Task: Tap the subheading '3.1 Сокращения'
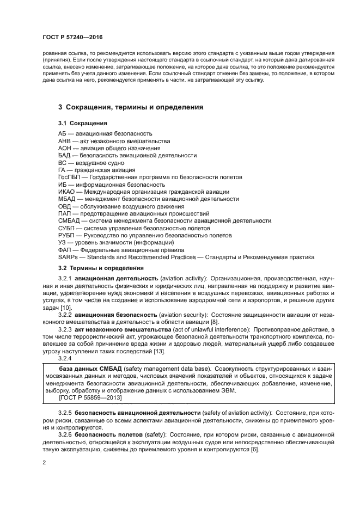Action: pos(82,124)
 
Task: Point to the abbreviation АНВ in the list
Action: pos(65,140)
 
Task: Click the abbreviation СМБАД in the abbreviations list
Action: pos(69,220)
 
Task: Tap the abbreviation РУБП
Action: pos(66,235)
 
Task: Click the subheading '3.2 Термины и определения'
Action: pos(101,268)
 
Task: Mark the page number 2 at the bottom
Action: pos(44,462)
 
